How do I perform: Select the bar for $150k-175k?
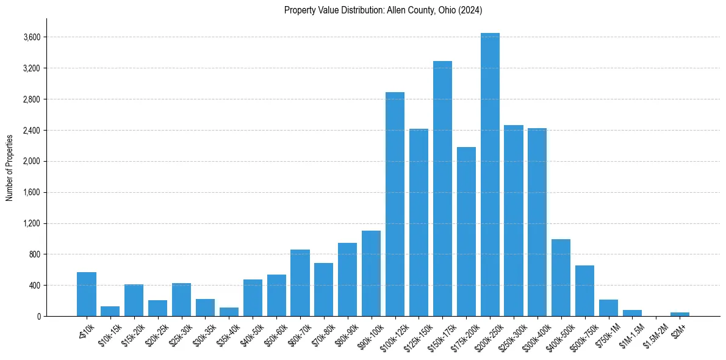[442, 189]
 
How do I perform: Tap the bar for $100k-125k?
[395, 204]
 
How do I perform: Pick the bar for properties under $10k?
[87, 294]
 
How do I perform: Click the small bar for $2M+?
[680, 314]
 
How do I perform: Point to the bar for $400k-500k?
[561, 278]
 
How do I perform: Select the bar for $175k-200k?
[466, 231]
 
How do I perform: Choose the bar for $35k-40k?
[229, 312]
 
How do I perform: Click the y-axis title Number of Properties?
[10, 168]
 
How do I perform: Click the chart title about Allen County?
[383, 10]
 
